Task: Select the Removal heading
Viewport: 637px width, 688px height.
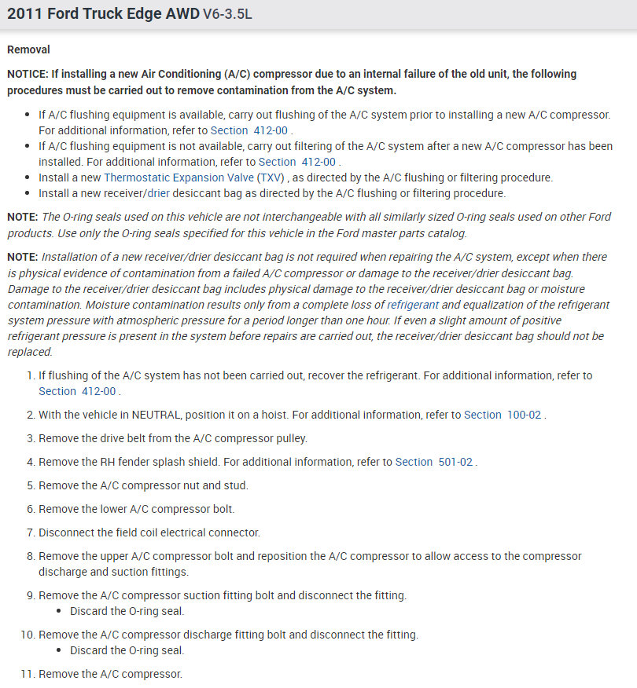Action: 28,49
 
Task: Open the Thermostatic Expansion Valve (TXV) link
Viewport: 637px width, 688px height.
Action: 193,177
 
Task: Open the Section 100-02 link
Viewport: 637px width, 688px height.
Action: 503,415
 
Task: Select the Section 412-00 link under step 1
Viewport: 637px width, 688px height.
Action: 77,391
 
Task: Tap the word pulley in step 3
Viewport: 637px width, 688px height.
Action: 289,438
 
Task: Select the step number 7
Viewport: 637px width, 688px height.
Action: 31,532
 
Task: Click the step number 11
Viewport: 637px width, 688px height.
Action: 28,674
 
